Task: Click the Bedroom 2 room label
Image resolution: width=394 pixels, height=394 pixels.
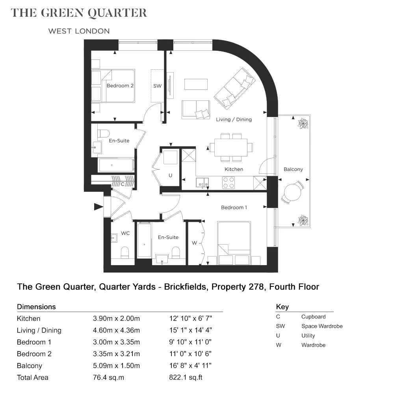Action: [x=120, y=85]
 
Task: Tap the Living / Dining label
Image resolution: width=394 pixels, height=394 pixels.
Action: [x=234, y=120]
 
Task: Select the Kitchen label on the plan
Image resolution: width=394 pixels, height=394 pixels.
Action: [x=234, y=169]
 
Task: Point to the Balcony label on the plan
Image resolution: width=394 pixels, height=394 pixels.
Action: [x=293, y=169]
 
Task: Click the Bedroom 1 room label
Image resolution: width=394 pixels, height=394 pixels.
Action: [x=234, y=208]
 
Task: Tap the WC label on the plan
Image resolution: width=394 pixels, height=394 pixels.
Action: [x=125, y=233]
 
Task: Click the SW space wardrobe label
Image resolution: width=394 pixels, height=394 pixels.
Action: [x=157, y=86]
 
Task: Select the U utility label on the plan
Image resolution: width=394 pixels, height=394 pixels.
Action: [x=170, y=175]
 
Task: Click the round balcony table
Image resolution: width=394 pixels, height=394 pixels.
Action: [x=292, y=192]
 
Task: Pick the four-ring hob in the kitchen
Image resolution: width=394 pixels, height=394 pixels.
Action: [x=229, y=183]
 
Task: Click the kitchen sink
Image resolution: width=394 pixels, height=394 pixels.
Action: [x=202, y=183]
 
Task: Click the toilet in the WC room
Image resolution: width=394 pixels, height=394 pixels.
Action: [x=125, y=253]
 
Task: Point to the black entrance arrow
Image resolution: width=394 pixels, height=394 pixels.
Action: [x=98, y=207]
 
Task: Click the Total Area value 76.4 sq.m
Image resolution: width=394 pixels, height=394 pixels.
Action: [x=109, y=377]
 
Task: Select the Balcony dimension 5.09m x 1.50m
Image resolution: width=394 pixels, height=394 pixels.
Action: [x=116, y=366]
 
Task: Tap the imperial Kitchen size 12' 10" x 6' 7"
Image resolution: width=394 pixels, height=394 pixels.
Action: [x=190, y=318]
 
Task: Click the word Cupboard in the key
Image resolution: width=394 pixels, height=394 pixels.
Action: [x=313, y=317]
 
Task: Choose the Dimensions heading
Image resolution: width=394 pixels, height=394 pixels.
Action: [x=36, y=307]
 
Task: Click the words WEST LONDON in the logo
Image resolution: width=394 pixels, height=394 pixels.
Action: [x=79, y=31]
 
